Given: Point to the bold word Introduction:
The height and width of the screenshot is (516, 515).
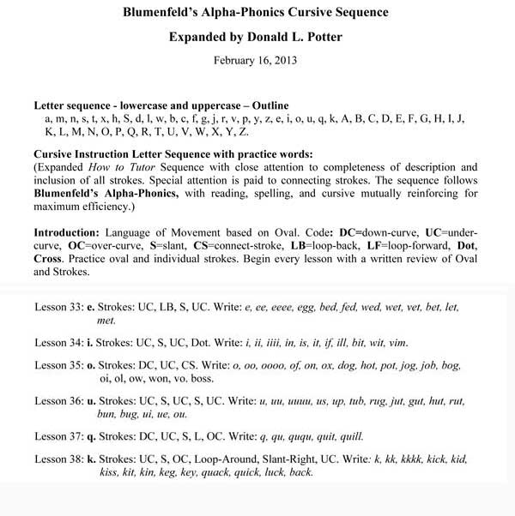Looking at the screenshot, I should (68, 232).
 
